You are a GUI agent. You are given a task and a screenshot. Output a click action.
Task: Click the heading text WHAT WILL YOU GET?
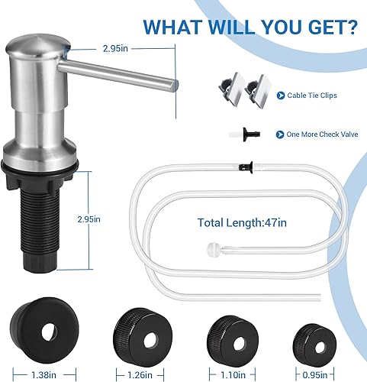(x=249, y=28)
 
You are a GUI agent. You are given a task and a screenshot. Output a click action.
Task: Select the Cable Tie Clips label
(x=311, y=96)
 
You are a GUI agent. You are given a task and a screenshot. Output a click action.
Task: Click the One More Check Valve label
(x=318, y=134)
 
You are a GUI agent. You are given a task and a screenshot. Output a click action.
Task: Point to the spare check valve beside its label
(x=252, y=134)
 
